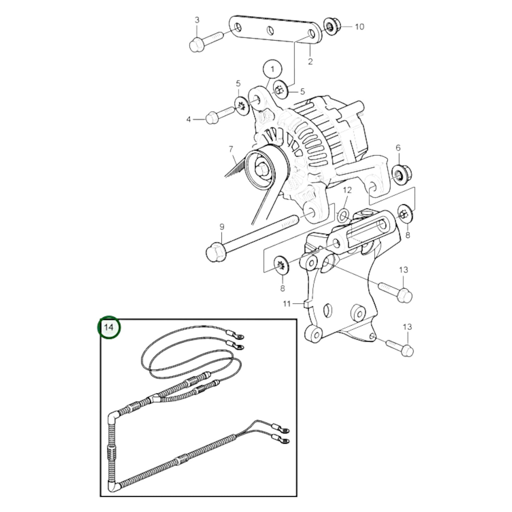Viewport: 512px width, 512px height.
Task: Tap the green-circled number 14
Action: pos(109,327)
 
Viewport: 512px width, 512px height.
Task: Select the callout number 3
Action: pos(197,20)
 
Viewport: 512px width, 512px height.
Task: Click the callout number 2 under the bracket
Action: pos(310,61)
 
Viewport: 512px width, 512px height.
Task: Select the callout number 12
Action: pos(347,190)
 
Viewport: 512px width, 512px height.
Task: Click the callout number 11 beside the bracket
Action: pos(287,304)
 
